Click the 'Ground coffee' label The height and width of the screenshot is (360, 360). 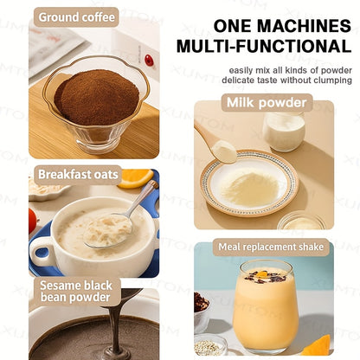(76, 16)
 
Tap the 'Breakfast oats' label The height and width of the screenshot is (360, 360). (78, 174)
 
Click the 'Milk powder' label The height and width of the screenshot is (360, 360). (267, 103)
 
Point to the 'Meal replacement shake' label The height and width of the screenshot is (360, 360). (272, 247)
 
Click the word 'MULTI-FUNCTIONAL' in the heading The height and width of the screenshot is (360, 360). (263, 45)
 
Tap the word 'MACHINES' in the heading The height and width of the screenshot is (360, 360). (297, 25)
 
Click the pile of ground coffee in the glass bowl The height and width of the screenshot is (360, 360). (95, 95)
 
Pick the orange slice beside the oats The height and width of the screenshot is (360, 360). (136, 177)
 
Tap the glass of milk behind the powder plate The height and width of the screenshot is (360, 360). (284, 130)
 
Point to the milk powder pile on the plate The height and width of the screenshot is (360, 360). (251, 185)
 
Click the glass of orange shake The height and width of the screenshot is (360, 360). (266, 307)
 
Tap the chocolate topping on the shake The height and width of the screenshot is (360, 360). (267, 277)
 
